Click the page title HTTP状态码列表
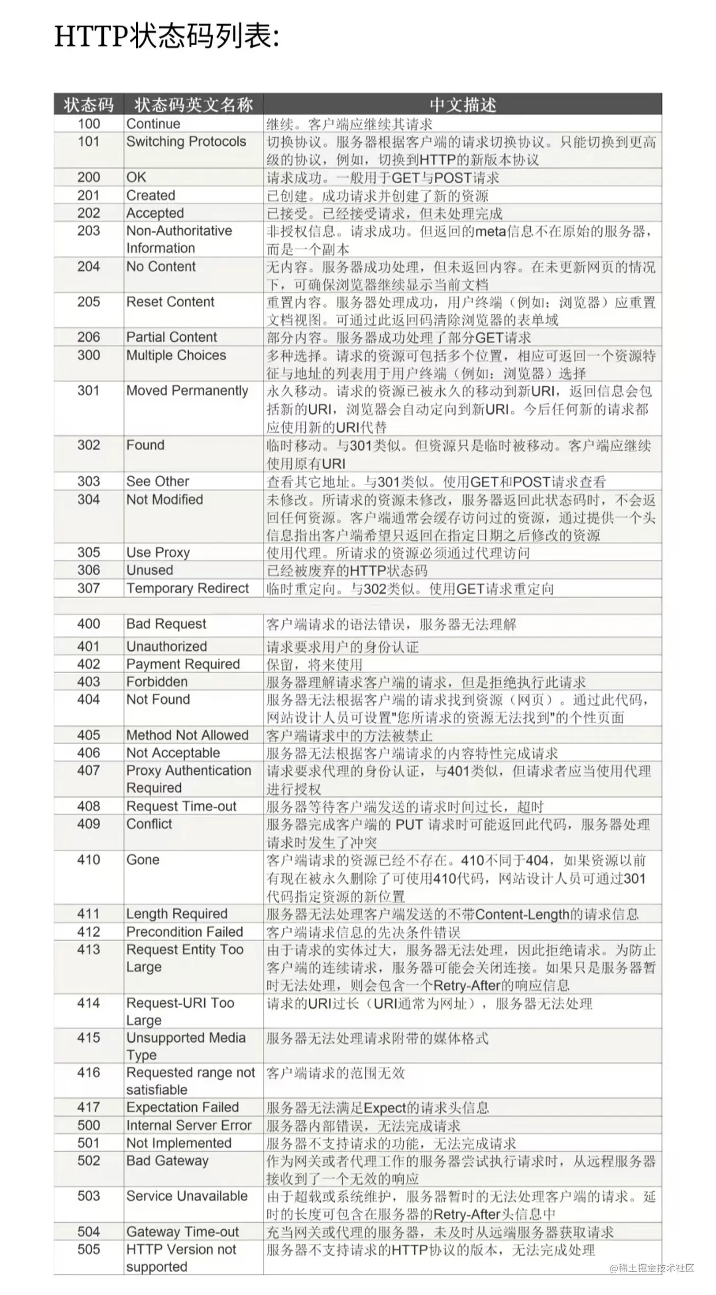tap(167, 37)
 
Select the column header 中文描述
tap(462, 105)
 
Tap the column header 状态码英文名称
tap(194, 105)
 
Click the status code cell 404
tap(89, 700)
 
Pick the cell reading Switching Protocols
tap(186, 142)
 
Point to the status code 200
tap(89, 177)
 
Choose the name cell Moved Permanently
tap(187, 391)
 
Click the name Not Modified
tap(164, 499)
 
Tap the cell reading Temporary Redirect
tap(187, 588)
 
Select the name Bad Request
tap(166, 624)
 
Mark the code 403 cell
tap(89, 681)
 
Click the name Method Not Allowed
tap(187, 735)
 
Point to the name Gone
tap(143, 860)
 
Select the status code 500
tap(89, 1125)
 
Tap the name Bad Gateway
tap(167, 1161)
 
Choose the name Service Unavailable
tap(187, 1196)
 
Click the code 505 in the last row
tap(89, 1249)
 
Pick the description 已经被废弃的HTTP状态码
tap(347, 571)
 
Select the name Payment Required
tap(183, 664)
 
